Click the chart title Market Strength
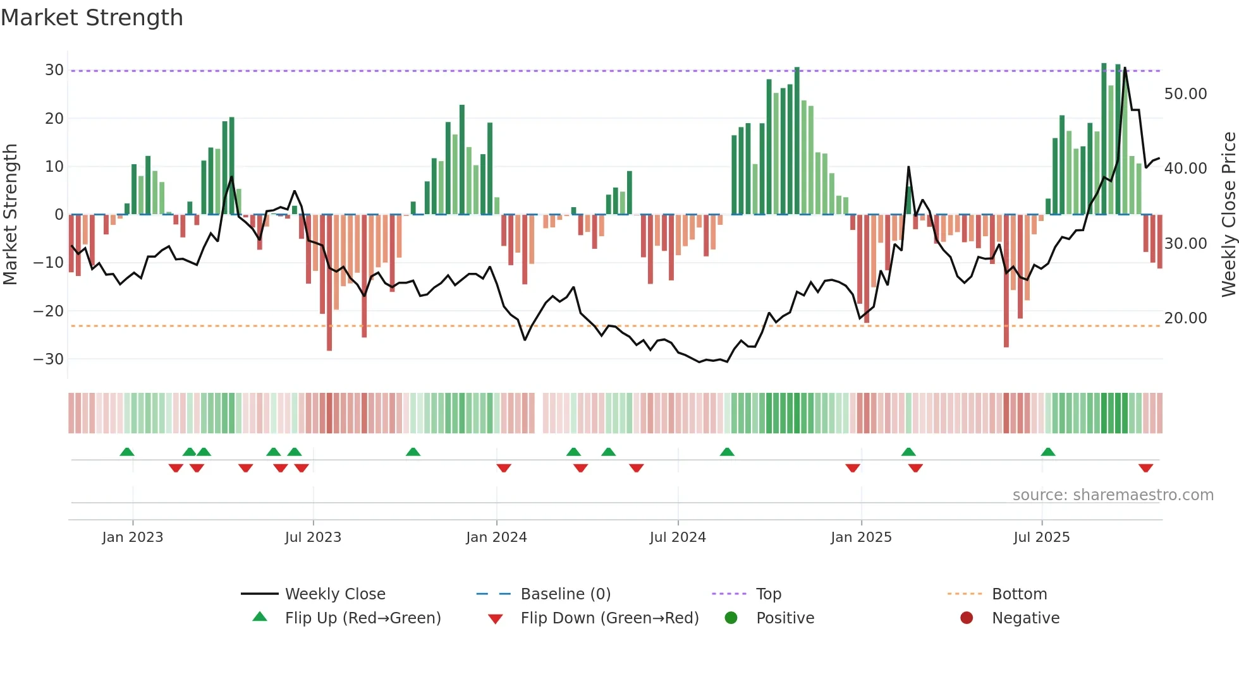coord(92,18)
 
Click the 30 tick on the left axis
coord(54,70)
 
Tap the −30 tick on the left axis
coord(49,359)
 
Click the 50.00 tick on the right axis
coord(1185,93)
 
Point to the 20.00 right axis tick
coord(1185,318)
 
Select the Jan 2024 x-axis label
coord(496,537)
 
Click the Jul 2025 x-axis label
coord(1041,537)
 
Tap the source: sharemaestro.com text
coord(1113,495)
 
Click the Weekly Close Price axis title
coord(1228,215)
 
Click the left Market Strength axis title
coord(10,215)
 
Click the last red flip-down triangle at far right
coord(1145,468)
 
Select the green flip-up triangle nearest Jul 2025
coord(1047,452)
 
